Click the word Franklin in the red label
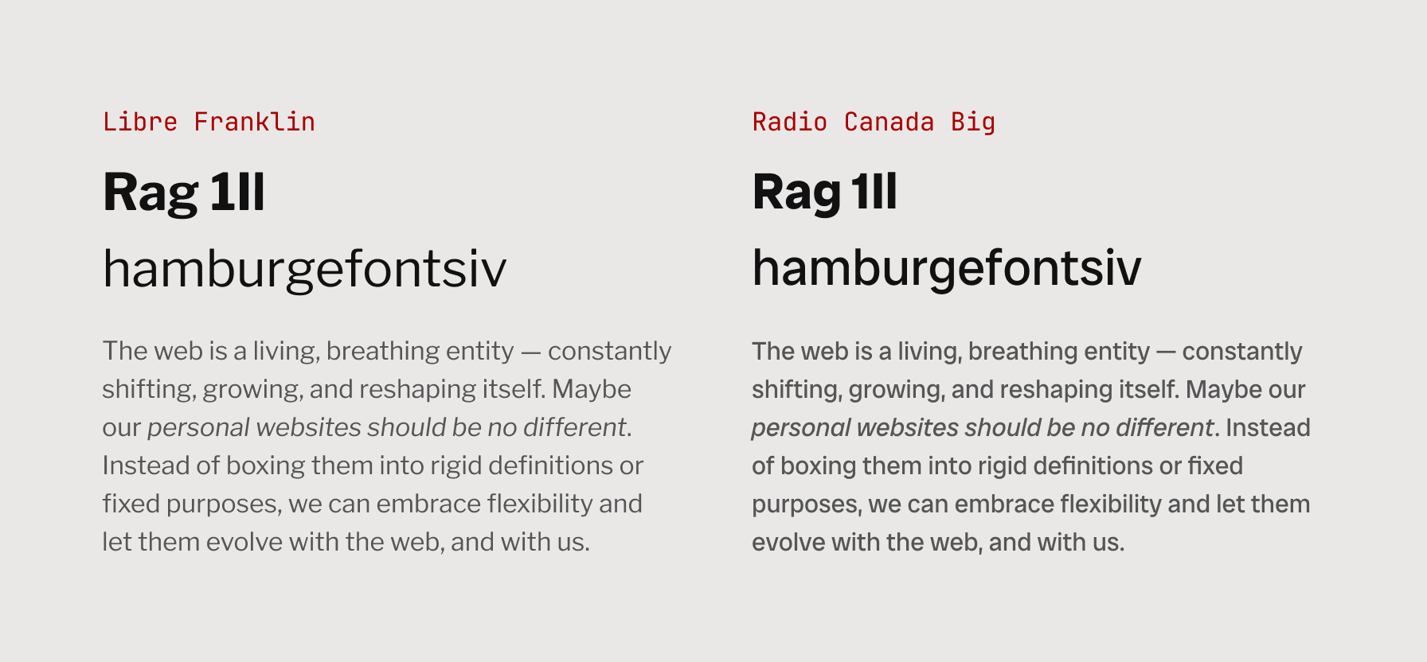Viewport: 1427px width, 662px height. [x=254, y=122]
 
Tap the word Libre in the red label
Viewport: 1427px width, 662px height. [x=140, y=122]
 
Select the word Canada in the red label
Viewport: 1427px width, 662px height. [x=889, y=122]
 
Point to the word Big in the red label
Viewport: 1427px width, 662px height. [x=973, y=122]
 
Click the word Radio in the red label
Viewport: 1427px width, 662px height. [x=790, y=122]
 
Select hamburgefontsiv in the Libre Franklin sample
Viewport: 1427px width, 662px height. [x=304, y=269]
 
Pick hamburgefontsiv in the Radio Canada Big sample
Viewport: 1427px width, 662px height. [x=946, y=269]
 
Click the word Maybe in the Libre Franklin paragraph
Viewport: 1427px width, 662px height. [x=592, y=389]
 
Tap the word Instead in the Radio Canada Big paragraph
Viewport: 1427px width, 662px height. [x=1268, y=427]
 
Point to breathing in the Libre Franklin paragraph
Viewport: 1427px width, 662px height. [x=381, y=351]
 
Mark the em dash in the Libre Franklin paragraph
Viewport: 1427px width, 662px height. [x=530, y=352]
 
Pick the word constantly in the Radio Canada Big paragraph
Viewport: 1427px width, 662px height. [x=1241, y=351]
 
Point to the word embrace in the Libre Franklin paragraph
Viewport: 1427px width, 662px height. [x=428, y=504]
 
